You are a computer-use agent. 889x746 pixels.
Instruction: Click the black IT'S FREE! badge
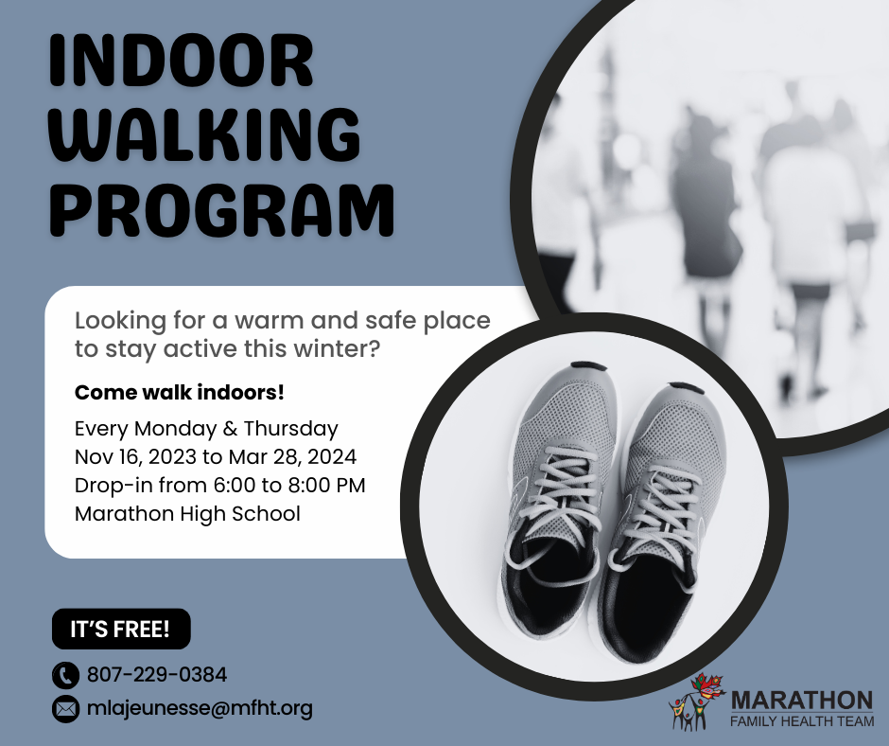[121, 629]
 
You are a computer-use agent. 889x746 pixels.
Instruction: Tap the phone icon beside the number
[65, 676]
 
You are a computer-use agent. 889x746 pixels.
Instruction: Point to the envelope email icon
[65, 709]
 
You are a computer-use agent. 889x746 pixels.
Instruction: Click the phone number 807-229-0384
[156, 675]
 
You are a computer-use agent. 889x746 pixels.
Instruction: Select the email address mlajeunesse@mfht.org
[200, 708]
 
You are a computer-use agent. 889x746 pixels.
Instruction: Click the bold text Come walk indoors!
[179, 392]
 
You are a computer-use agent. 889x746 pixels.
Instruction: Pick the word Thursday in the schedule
[291, 429]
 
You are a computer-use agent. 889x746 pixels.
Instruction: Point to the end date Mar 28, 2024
[292, 457]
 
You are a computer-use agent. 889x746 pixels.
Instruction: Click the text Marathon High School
[187, 514]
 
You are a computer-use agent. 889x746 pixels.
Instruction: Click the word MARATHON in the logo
[802, 701]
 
